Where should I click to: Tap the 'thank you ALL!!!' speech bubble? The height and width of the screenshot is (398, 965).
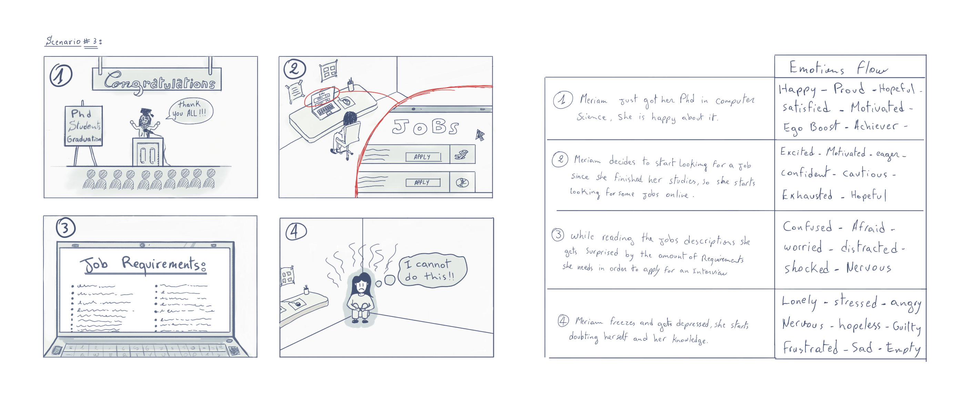191,109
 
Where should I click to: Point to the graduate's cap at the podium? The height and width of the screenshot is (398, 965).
146,112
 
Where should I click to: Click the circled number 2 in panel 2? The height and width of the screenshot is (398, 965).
295,69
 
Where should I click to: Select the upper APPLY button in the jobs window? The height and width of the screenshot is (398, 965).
423,157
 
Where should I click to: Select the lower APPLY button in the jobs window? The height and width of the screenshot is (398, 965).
423,182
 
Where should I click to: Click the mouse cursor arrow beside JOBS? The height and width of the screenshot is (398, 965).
480,135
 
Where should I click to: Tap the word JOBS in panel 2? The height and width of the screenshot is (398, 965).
425,127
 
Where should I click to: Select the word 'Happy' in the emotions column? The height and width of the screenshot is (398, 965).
797,90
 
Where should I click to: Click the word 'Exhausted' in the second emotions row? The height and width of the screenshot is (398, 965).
806,195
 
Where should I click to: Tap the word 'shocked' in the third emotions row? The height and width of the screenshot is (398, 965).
806,268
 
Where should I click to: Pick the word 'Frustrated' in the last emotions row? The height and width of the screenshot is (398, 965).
810,347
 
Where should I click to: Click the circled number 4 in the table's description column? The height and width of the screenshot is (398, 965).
563,321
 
